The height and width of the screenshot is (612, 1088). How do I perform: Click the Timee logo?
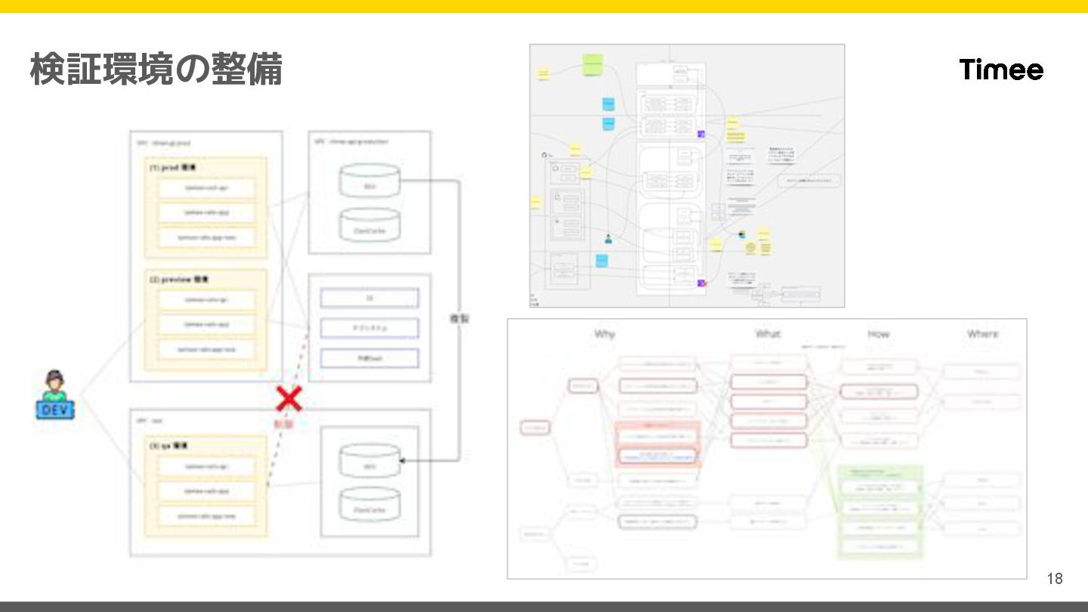(x=1001, y=70)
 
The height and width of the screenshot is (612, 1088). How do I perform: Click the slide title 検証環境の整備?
(x=156, y=70)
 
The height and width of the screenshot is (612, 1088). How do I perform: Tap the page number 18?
(x=1054, y=579)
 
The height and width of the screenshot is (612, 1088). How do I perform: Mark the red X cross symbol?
(x=288, y=399)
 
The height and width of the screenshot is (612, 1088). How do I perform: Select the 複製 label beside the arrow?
(x=459, y=319)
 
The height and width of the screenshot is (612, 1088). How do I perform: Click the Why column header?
(x=604, y=333)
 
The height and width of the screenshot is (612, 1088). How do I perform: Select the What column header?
(x=768, y=333)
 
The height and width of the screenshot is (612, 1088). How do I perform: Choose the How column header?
(x=878, y=333)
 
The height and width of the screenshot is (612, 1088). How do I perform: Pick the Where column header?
(x=982, y=333)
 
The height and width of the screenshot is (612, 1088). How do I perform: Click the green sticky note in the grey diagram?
(x=592, y=64)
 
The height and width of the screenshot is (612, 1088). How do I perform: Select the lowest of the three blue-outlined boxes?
(x=369, y=357)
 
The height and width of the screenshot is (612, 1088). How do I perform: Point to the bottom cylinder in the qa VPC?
(x=369, y=508)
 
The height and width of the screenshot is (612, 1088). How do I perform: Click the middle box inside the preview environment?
(x=206, y=324)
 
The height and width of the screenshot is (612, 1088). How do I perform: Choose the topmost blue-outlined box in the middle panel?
(x=369, y=298)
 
